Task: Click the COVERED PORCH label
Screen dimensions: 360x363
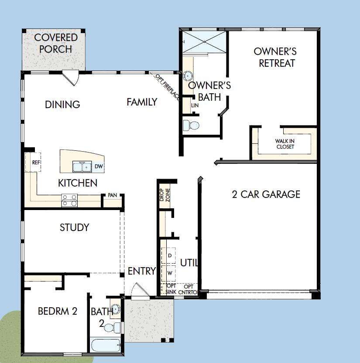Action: click(55, 43)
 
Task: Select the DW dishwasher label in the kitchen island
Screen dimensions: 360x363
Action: click(99, 166)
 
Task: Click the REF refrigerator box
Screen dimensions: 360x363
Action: click(33, 162)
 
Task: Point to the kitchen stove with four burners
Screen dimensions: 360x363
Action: click(69, 200)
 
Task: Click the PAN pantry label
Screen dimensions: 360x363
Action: click(113, 195)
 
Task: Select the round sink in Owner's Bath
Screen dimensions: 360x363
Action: click(188, 76)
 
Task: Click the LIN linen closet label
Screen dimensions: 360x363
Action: click(195, 105)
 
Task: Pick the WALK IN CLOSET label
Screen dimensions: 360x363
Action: click(285, 144)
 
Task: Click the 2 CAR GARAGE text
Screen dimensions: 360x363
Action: click(266, 194)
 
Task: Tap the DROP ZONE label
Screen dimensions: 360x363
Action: click(165, 195)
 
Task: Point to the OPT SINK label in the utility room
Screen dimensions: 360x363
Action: click(171, 289)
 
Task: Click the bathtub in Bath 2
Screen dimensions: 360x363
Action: click(106, 346)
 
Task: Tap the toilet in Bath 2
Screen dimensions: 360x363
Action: click(112, 328)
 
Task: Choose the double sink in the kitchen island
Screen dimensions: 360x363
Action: click(82, 166)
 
